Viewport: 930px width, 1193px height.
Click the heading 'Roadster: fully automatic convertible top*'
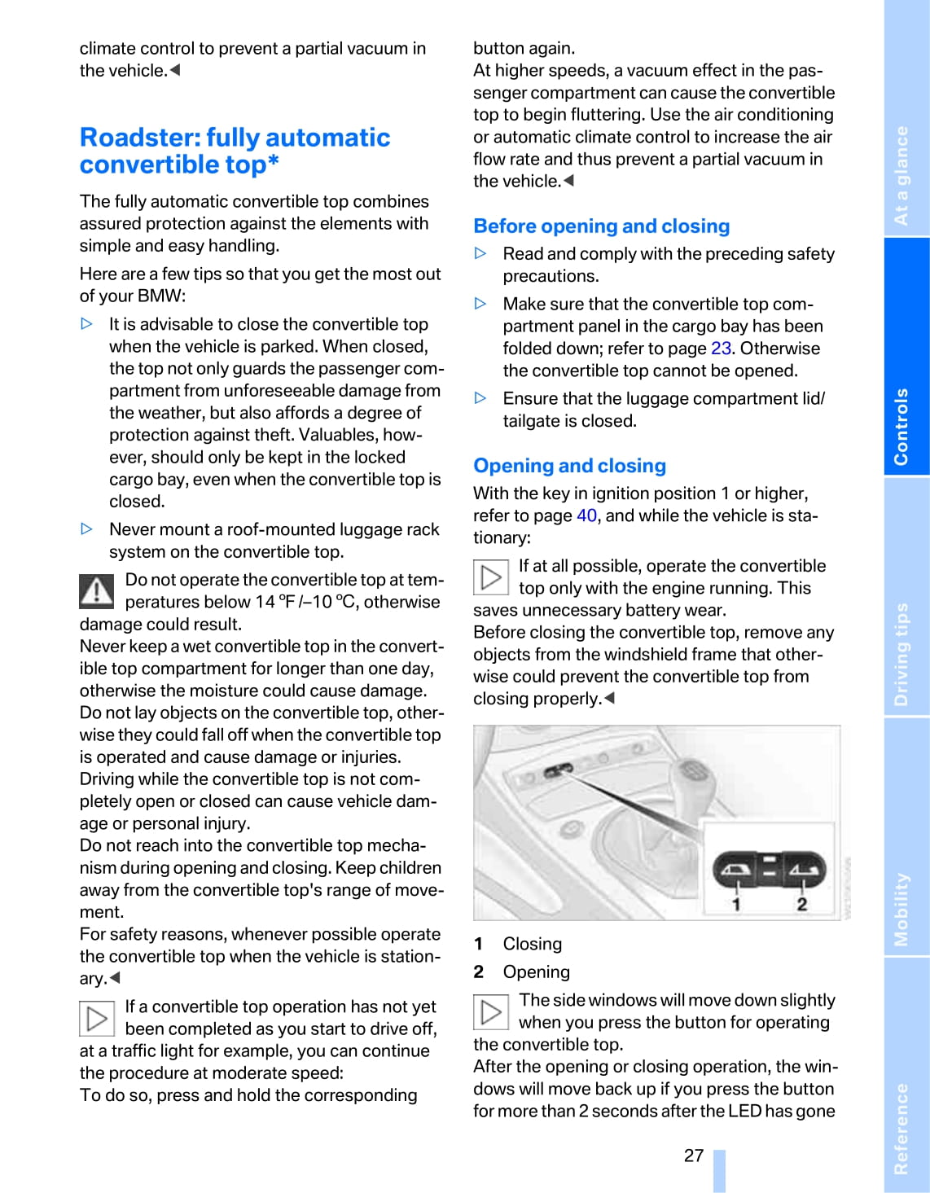pyautogui.click(x=235, y=151)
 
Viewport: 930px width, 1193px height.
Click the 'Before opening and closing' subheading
pyautogui.click(x=601, y=226)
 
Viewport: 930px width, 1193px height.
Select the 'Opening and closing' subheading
pyautogui.click(x=569, y=466)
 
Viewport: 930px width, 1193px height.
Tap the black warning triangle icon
pyautogui.click(x=96, y=591)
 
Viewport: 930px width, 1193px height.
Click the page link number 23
pyautogui.click(x=721, y=349)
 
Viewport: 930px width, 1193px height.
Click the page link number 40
pyautogui.click(x=586, y=516)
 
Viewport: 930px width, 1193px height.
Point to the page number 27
pyautogui.click(x=694, y=1156)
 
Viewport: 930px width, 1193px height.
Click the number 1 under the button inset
pyautogui.click(x=736, y=904)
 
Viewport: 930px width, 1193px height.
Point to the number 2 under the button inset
pyautogui.click(x=802, y=904)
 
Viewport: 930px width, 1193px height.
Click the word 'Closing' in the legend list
pyautogui.click(x=532, y=945)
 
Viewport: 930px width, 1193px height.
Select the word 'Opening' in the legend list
pyautogui.click(x=536, y=972)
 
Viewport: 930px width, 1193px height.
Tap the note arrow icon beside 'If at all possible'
pyautogui.click(x=491, y=577)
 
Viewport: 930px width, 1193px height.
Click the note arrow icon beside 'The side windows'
pyautogui.click(x=491, y=1012)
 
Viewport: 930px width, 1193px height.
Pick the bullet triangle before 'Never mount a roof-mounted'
pyautogui.click(x=87, y=529)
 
